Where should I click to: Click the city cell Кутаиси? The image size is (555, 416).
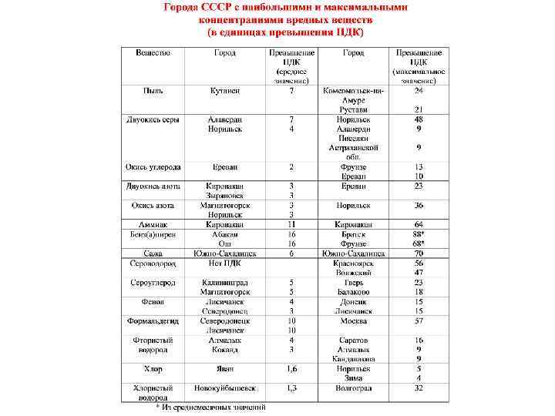(x=225, y=90)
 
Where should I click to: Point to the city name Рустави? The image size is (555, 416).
(x=354, y=109)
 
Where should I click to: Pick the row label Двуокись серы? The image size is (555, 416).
(x=153, y=119)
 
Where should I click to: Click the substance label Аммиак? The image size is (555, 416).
(x=153, y=224)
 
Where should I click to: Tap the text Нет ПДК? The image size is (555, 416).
(x=225, y=263)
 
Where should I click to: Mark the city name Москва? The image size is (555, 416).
(x=354, y=320)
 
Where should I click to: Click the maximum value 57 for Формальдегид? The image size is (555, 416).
(x=419, y=320)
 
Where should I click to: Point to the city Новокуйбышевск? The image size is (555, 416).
(x=225, y=387)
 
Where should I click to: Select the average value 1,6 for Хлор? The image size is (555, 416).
(x=291, y=368)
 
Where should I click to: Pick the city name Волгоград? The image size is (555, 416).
(x=354, y=387)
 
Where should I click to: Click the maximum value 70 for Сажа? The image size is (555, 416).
(x=419, y=253)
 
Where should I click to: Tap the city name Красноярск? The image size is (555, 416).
(x=354, y=263)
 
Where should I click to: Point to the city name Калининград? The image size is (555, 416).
(x=225, y=282)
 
